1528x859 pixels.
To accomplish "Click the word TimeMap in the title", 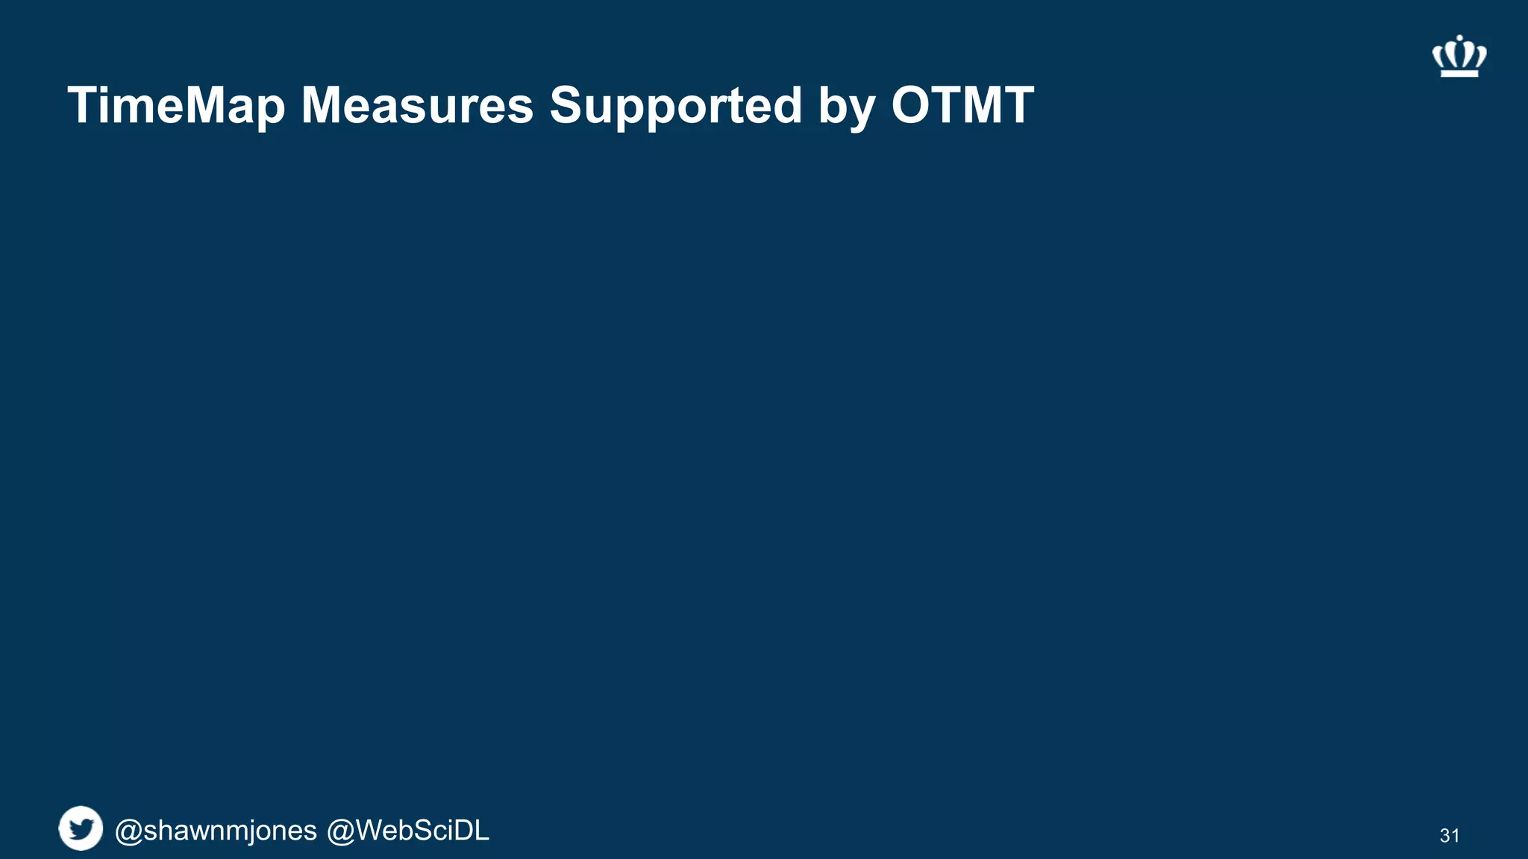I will click(176, 106).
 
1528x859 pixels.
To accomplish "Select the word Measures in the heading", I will click(417, 105).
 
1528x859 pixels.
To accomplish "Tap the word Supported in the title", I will click(675, 105).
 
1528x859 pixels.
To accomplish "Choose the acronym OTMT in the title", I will click(962, 105).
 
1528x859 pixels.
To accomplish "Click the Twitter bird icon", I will click(81, 828).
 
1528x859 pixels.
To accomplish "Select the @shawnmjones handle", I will click(216, 831).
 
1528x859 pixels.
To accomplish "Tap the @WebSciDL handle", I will click(408, 831).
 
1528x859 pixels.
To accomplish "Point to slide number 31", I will click(1449, 836).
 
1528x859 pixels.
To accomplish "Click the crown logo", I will click(1459, 57).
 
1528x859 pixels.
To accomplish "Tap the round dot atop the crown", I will click(1459, 37).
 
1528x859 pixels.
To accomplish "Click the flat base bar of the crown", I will click(1459, 72).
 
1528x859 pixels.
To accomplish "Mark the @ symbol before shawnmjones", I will click(128, 831).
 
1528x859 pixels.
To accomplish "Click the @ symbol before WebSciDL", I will click(340, 831).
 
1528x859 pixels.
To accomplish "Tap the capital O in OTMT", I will click(913, 105).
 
